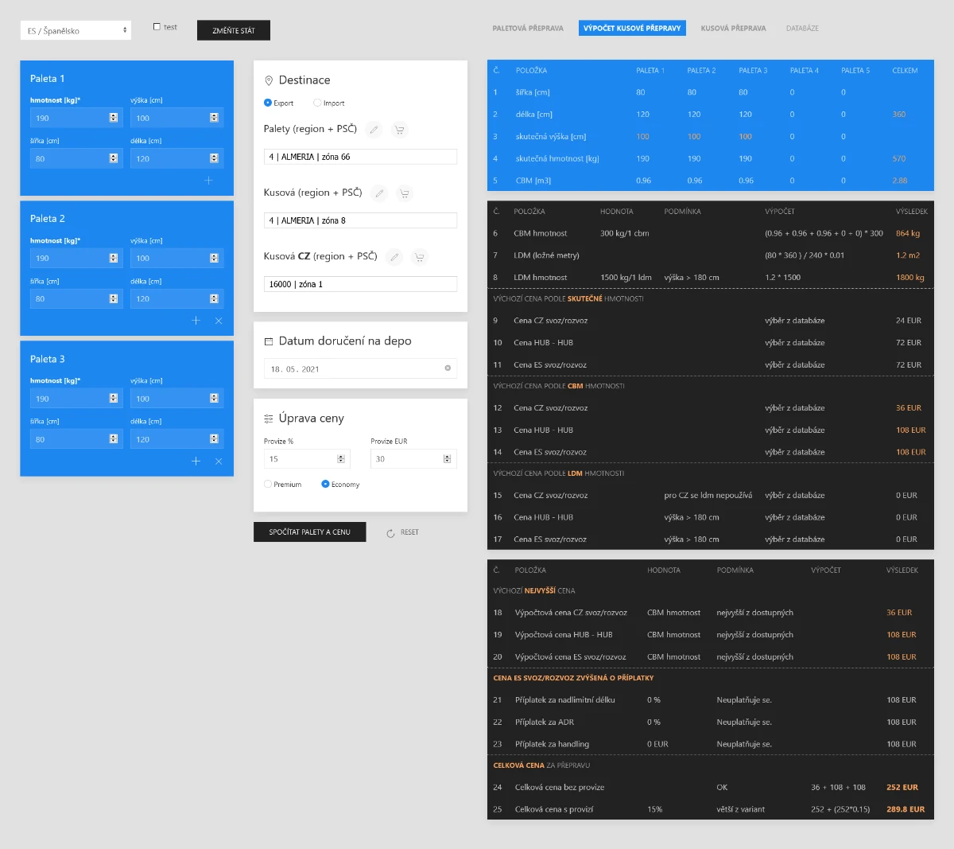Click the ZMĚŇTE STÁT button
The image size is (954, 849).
pyautogui.click(x=234, y=30)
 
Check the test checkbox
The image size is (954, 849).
pyautogui.click(x=157, y=27)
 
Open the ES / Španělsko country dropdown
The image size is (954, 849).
pyautogui.click(x=76, y=30)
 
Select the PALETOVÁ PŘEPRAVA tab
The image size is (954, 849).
pyautogui.click(x=528, y=28)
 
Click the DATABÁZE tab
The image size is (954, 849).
pyautogui.click(x=802, y=28)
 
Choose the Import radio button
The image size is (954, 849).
pyautogui.click(x=317, y=103)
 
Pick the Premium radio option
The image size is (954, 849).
pyautogui.click(x=268, y=484)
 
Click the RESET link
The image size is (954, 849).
pyautogui.click(x=403, y=532)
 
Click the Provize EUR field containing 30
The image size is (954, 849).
pyautogui.click(x=407, y=459)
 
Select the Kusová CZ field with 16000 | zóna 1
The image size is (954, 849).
pyautogui.click(x=359, y=284)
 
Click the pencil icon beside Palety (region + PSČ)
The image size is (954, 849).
pyautogui.click(x=374, y=129)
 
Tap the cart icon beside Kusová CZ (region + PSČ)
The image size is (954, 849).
pyautogui.click(x=420, y=256)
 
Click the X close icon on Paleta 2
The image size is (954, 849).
pyautogui.click(x=219, y=321)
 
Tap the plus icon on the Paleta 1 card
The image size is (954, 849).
pyautogui.click(x=208, y=181)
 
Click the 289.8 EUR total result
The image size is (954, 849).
pyautogui.click(x=906, y=809)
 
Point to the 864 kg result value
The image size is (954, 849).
pyautogui.click(x=908, y=233)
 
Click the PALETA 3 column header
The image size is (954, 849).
pyautogui.click(x=753, y=71)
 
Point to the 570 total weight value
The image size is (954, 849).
pyautogui.click(x=899, y=158)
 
